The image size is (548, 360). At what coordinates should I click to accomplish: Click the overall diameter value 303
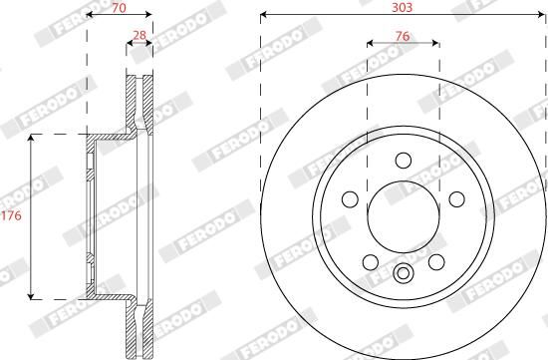pos(403,6)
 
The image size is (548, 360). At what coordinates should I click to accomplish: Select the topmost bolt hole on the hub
pos(403,161)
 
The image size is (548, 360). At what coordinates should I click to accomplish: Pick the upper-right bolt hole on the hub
pos(455,198)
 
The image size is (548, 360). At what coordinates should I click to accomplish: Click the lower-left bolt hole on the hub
pos(370,261)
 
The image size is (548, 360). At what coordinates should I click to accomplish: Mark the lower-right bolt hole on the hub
pos(435,261)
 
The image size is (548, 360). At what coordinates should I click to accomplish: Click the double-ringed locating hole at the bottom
pos(403,276)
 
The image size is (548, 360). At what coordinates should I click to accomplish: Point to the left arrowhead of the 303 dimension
pos(264,15)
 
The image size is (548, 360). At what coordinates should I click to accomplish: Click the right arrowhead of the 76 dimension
pos(435,43)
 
